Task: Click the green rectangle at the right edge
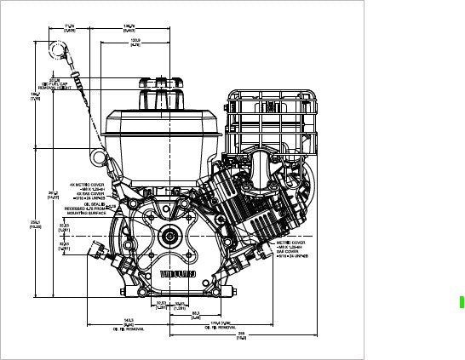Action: (x=461, y=301)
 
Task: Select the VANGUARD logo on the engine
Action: (x=178, y=273)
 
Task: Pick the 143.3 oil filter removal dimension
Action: (x=128, y=324)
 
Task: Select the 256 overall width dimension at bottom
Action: (x=242, y=336)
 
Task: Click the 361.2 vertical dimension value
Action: (x=53, y=195)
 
